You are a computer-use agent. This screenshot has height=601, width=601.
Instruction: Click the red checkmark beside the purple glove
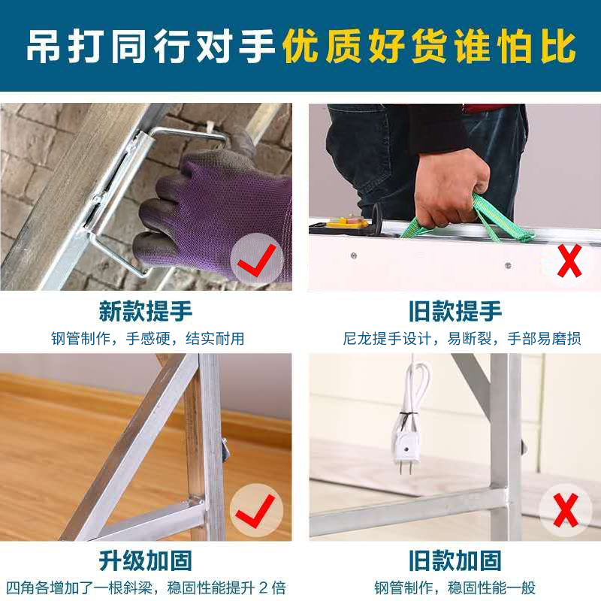(x=256, y=261)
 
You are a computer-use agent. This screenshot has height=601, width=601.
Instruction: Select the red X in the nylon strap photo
(x=569, y=261)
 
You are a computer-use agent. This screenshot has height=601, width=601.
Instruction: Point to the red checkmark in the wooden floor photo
(x=255, y=511)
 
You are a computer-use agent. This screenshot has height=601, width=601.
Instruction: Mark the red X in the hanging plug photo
(x=566, y=510)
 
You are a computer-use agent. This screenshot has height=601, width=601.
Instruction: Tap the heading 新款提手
(x=146, y=311)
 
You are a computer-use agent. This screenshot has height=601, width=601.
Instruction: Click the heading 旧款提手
(x=455, y=311)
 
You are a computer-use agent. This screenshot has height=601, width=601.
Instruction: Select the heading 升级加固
(x=146, y=560)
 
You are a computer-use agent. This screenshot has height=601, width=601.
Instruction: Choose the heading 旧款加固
(x=455, y=560)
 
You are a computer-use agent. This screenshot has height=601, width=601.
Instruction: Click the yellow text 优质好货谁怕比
(x=429, y=47)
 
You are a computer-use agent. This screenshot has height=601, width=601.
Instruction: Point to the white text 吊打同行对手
(x=151, y=47)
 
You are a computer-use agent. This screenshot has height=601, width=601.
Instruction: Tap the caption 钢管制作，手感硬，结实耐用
(x=147, y=339)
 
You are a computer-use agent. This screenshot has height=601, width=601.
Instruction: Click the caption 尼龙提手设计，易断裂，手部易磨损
(x=462, y=339)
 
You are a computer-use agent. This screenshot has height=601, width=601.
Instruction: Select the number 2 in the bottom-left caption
(x=264, y=588)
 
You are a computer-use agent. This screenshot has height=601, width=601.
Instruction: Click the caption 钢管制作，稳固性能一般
(x=455, y=588)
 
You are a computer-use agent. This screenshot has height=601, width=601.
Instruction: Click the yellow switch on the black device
(x=348, y=221)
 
